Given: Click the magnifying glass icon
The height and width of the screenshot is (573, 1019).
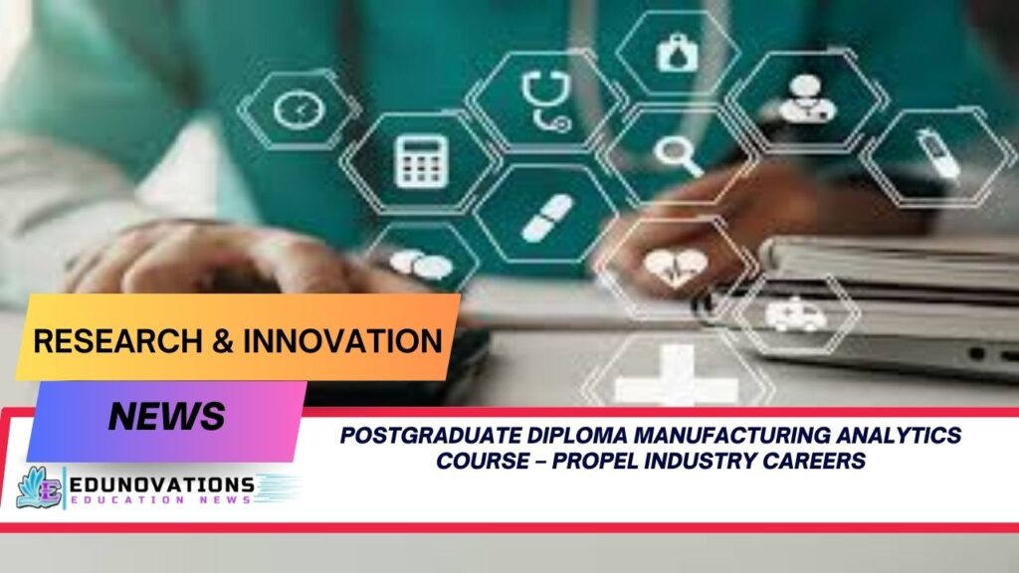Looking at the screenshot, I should click(679, 155).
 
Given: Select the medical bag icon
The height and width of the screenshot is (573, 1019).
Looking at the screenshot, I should click(678, 53).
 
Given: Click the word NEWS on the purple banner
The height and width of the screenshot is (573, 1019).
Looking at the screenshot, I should click(166, 416).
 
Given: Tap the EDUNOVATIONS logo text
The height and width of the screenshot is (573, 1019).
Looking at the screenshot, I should click(160, 485).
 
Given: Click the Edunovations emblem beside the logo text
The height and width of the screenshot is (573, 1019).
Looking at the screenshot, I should click(39, 487).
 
